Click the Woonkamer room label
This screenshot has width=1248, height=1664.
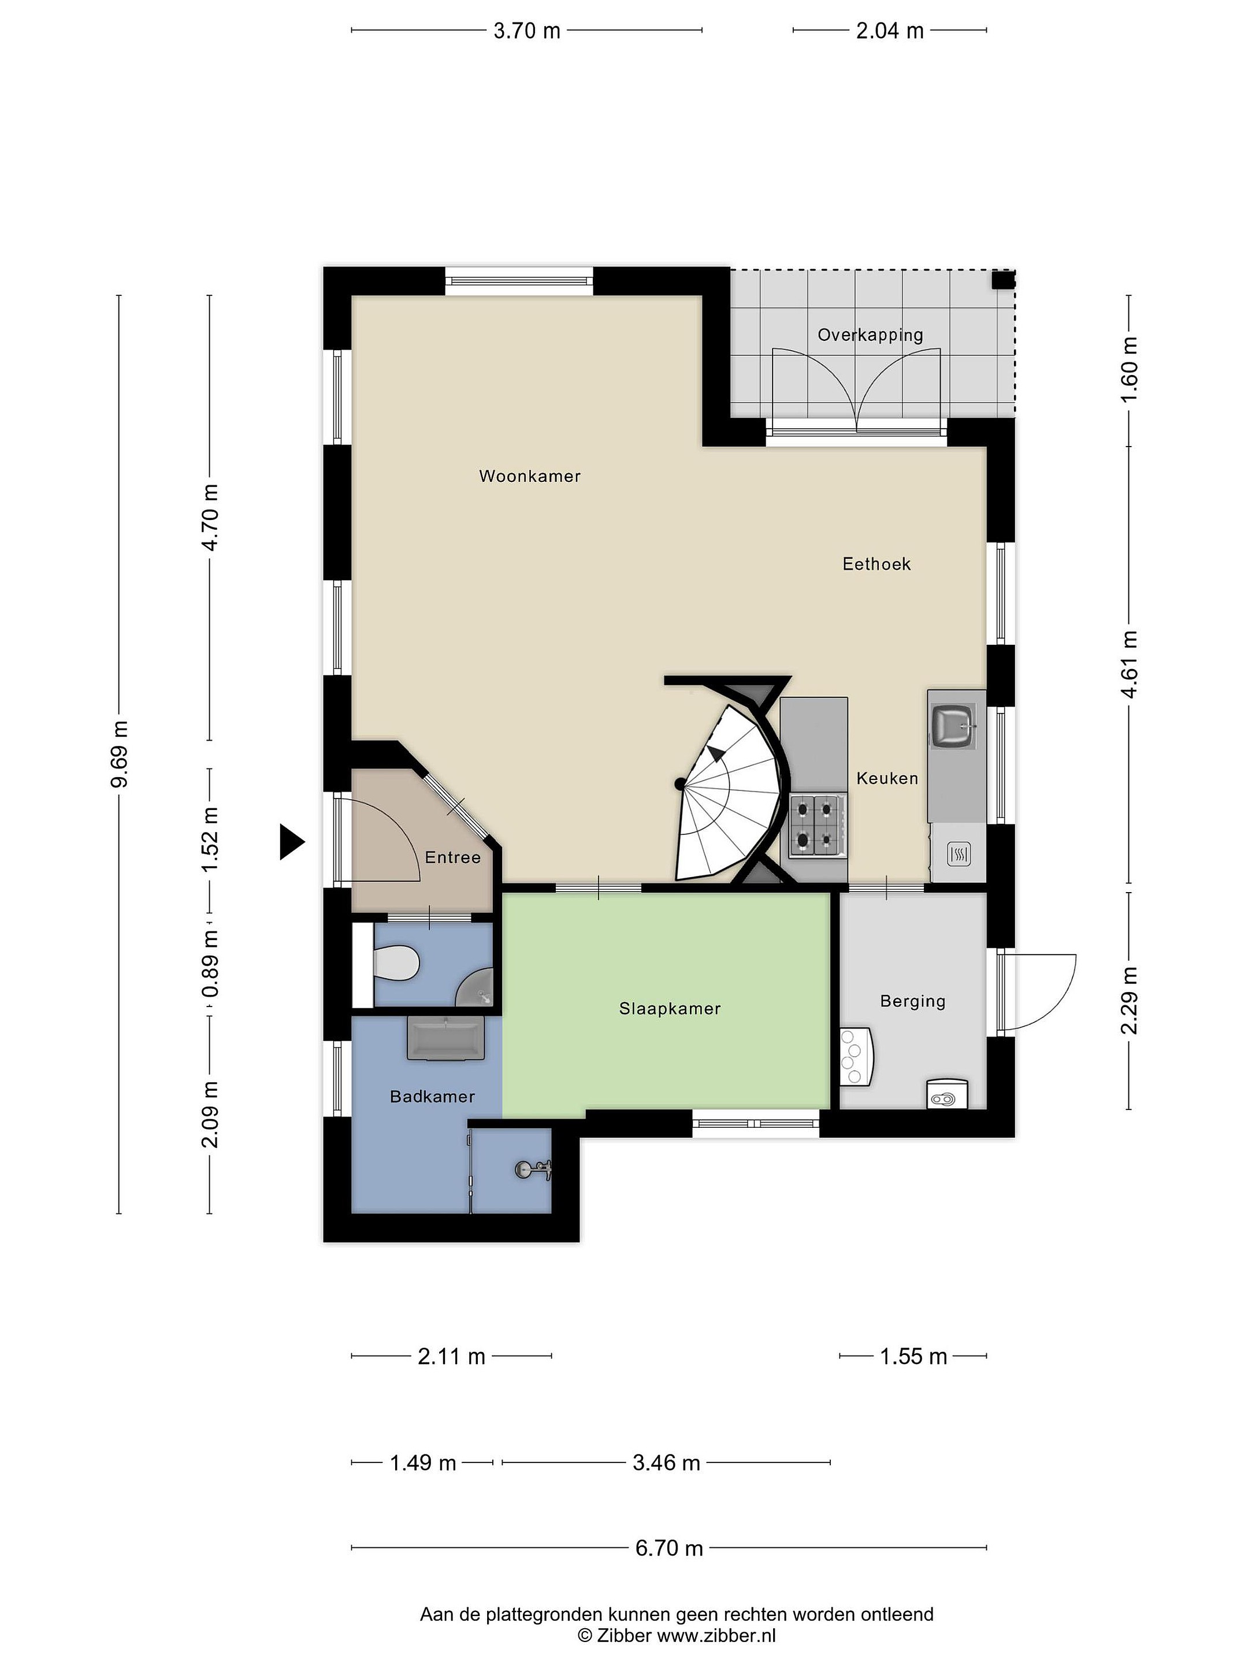[x=530, y=476]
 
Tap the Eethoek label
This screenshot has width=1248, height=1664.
[x=876, y=564]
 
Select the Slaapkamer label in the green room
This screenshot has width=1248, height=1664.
[x=670, y=1009]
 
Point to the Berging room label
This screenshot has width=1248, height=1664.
[x=912, y=1001]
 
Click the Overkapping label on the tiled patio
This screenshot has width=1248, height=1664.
[x=870, y=336]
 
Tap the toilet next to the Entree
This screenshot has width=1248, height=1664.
[x=396, y=964]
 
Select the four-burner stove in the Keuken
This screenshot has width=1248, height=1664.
[x=816, y=825]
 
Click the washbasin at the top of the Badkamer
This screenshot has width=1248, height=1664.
[x=445, y=1038]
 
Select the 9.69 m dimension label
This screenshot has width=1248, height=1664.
[x=120, y=754]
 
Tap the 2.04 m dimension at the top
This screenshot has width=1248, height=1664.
[x=890, y=31]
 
